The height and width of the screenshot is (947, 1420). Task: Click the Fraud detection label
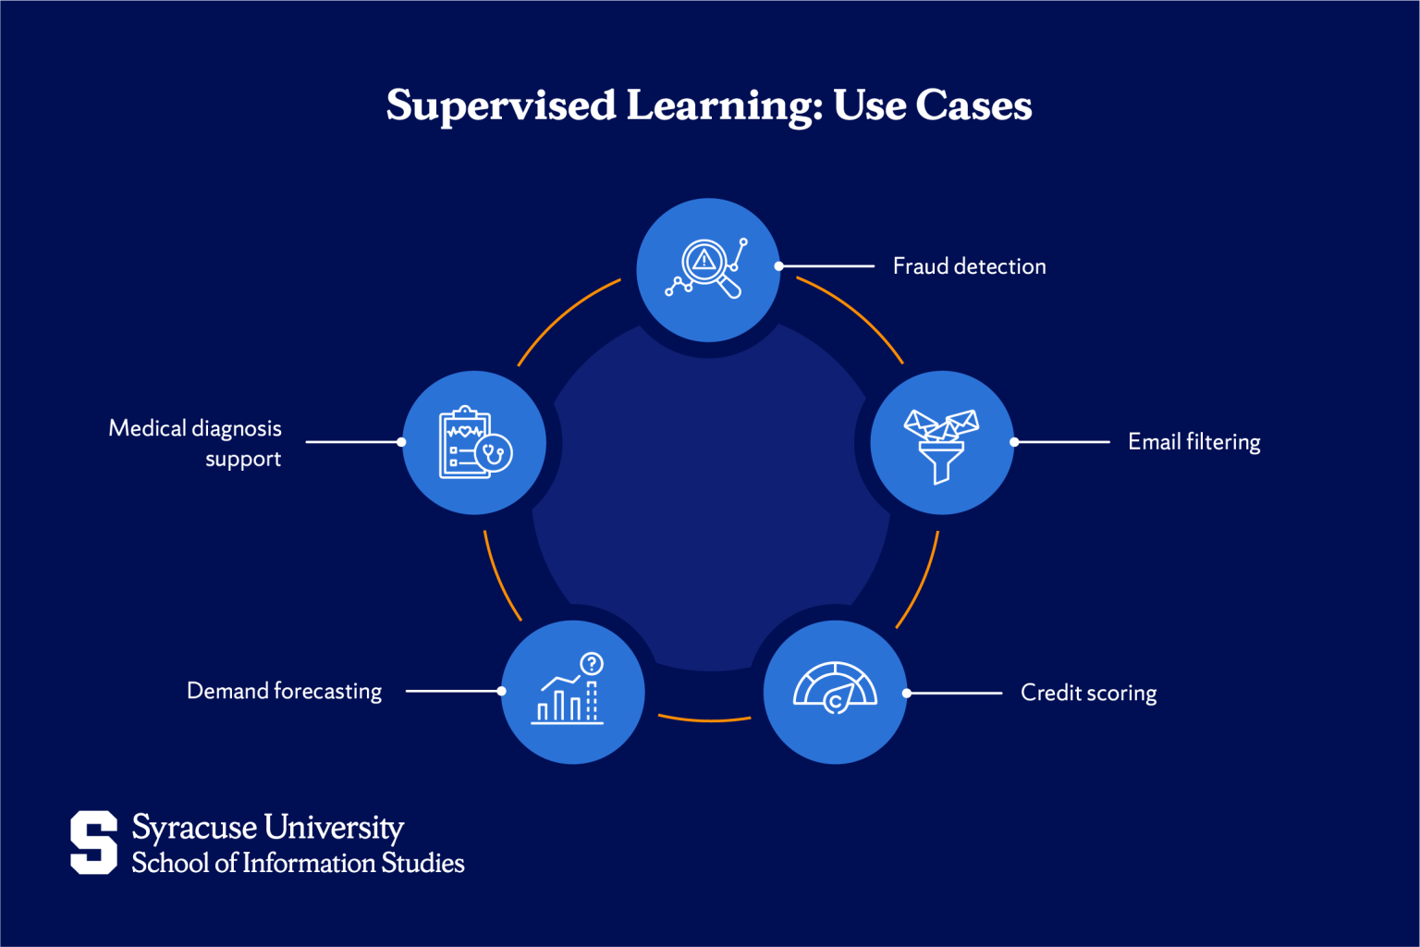click(969, 266)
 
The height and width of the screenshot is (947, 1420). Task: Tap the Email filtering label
click(1194, 442)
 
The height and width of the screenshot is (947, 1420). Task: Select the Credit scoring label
click(1088, 693)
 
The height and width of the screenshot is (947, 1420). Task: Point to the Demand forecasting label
click(285, 691)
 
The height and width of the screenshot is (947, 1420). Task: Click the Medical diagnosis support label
click(195, 443)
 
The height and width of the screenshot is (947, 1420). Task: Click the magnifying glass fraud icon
click(706, 267)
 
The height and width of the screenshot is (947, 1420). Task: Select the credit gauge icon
click(835, 688)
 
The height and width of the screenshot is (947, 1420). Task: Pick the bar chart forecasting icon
click(568, 689)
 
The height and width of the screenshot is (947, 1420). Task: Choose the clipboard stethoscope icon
click(475, 442)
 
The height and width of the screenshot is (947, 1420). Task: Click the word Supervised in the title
click(501, 105)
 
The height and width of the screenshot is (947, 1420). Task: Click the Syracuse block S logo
click(93, 842)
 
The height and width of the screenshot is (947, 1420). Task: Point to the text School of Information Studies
click(298, 863)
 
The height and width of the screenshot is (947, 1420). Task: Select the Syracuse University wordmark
click(267, 828)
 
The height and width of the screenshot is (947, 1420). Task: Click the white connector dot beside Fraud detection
click(779, 266)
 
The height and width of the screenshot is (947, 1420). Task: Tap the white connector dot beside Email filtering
click(1014, 442)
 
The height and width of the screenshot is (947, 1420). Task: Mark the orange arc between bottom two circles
click(705, 719)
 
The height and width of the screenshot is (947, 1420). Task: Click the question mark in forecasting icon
click(592, 664)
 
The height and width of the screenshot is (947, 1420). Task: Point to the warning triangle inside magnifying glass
click(704, 260)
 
